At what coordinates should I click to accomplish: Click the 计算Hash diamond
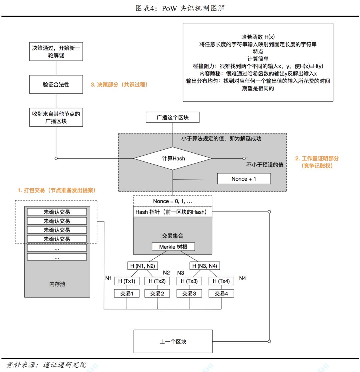[173, 159]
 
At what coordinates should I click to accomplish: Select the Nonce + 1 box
[244, 179]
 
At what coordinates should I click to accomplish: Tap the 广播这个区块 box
[173, 118]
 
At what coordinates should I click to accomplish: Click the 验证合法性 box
[56, 85]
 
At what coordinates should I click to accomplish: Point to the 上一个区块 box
[173, 341]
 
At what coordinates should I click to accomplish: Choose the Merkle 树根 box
[173, 247]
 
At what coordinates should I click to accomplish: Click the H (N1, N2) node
[143, 266]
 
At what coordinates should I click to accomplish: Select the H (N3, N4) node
[205, 266]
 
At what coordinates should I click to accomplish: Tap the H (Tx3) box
[189, 281]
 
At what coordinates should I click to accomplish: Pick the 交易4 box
[221, 293]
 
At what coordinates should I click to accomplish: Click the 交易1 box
[126, 293]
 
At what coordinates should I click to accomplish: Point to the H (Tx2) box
[157, 281]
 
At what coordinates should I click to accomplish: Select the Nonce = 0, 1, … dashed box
[173, 201]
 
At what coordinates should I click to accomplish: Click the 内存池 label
[57, 284]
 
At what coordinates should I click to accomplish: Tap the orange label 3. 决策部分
[119, 85]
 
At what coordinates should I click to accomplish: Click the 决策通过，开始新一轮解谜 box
[56, 52]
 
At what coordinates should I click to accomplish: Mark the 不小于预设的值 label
[265, 165]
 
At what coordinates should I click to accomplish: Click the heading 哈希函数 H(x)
[258, 37]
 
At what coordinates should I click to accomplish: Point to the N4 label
[242, 278]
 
